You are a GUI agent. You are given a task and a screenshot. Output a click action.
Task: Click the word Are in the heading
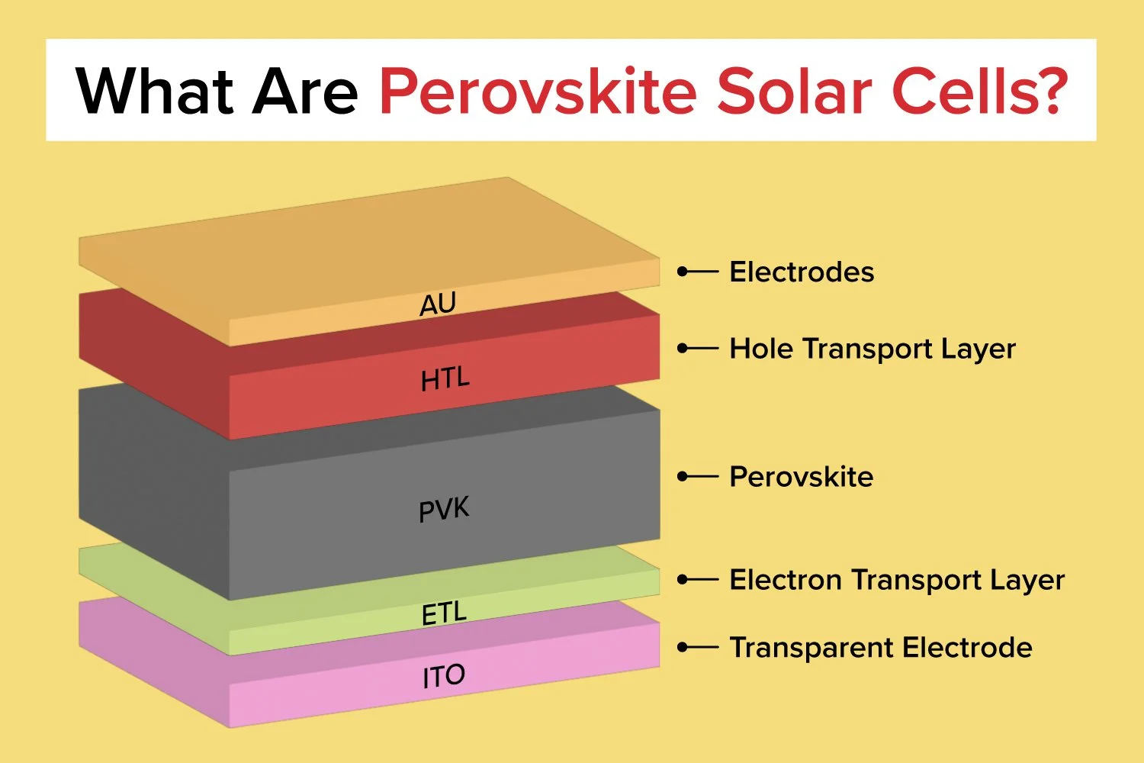click(305, 92)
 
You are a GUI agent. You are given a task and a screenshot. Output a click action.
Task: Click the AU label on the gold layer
click(438, 305)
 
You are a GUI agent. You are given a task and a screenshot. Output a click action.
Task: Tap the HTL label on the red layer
click(445, 378)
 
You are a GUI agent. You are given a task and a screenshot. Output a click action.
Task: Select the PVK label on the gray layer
click(444, 509)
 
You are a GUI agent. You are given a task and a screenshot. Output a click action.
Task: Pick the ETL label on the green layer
click(443, 613)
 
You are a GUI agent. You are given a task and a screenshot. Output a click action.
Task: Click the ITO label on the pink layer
click(443, 676)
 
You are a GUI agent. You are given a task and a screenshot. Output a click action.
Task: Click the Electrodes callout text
click(802, 272)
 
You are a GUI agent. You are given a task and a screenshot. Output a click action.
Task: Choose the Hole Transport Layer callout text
click(872, 349)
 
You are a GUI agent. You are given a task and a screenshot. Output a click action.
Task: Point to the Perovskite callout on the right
click(801, 477)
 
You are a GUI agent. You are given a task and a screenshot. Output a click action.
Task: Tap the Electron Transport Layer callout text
click(896, 580)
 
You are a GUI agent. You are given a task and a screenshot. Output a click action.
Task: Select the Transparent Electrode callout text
click(881, 648)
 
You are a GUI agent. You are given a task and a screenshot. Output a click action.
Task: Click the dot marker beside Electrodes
click(683, 272)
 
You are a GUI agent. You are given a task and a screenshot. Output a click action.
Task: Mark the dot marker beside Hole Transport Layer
click(683, 349)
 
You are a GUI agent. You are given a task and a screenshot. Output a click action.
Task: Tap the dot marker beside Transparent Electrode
click(683, 648)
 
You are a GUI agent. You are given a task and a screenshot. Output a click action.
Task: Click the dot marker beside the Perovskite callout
click(683, 477)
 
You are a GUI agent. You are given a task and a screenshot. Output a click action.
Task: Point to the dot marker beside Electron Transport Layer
click(683, 580)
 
